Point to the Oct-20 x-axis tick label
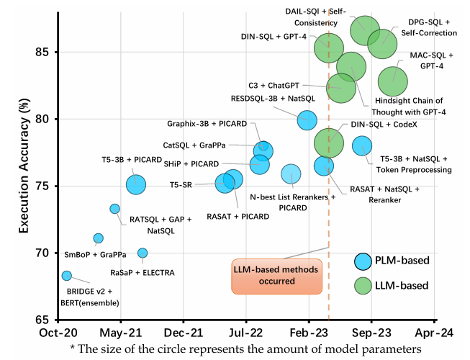point(59,333)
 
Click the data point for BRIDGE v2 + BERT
point(67,276)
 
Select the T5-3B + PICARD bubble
point(136,185)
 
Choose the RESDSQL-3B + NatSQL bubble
point(307,120)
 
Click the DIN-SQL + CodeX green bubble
point(329,142)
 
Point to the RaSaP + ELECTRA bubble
point(143,253)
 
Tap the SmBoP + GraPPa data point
point(99,238)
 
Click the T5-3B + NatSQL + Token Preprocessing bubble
point(362,145)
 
